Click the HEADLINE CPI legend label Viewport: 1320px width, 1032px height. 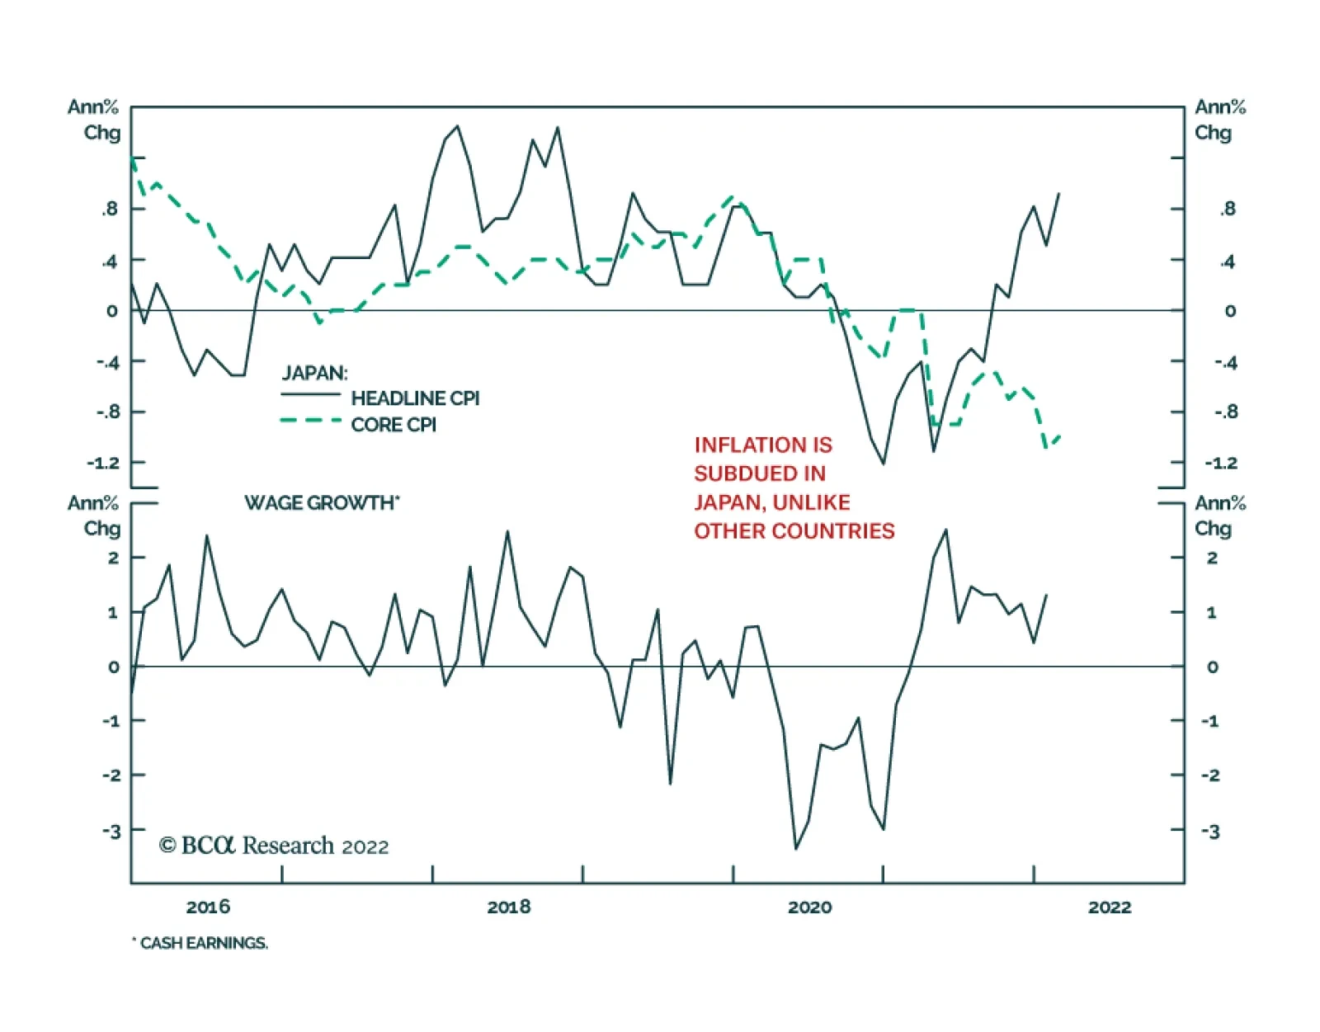pos(415,398)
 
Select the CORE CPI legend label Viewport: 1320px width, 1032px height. pos(394,425)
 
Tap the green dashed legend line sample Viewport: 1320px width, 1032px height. pos(310,421)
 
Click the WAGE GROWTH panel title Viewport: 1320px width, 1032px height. pos(322,502)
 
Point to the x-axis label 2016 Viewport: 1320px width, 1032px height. pos(208,907)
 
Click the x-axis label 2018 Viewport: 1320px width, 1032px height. pos(509,907)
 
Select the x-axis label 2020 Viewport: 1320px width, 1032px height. pos(809,907)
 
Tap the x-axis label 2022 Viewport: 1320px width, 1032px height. pos(1110,907)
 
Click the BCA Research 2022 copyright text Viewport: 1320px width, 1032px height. pos(274,846)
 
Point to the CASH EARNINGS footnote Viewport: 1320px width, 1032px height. pos(202,943)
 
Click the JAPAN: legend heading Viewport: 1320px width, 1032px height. pos(314,373)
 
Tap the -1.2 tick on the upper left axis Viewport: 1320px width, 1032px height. pos(103,463)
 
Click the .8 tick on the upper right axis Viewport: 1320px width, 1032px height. pos(1228,210)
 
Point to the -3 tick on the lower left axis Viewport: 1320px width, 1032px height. pos(111,831)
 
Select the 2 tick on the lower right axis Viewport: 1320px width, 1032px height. pos(1212,558)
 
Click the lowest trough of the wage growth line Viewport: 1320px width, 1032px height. pos(796,848)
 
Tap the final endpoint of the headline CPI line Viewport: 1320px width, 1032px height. pos(1059,193)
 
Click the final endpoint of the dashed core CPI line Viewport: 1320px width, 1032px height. pos(1059,436)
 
